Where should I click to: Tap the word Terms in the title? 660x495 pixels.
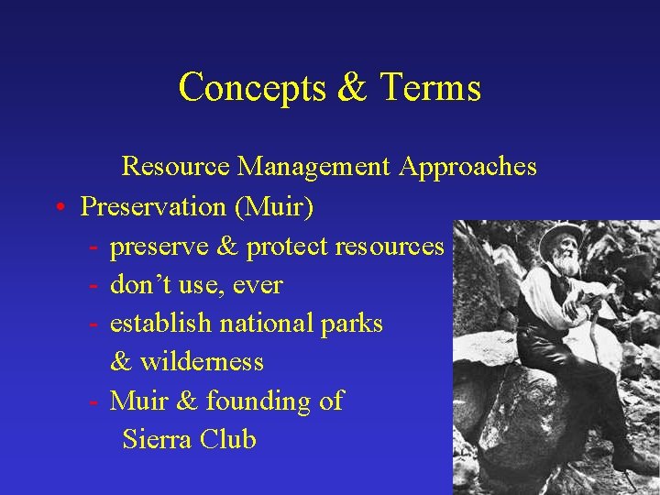click(430, 88)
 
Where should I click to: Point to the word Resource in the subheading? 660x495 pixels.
click(176, 167)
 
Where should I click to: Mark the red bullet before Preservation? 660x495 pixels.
click(58, 208)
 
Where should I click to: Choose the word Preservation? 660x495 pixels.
click(154, 207)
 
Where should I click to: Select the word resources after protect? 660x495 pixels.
click(390, 247)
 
